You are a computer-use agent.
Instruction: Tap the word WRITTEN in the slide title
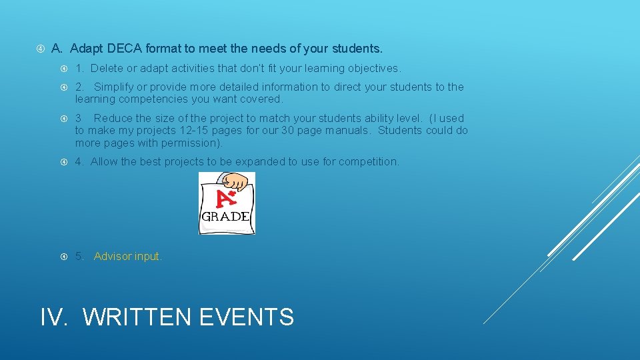137,317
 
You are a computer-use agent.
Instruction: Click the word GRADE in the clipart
226,216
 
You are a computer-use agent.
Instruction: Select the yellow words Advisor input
127,256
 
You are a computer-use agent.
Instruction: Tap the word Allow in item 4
103,161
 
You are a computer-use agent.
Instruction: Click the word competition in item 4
369,161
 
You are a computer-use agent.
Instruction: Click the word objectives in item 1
371,68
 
